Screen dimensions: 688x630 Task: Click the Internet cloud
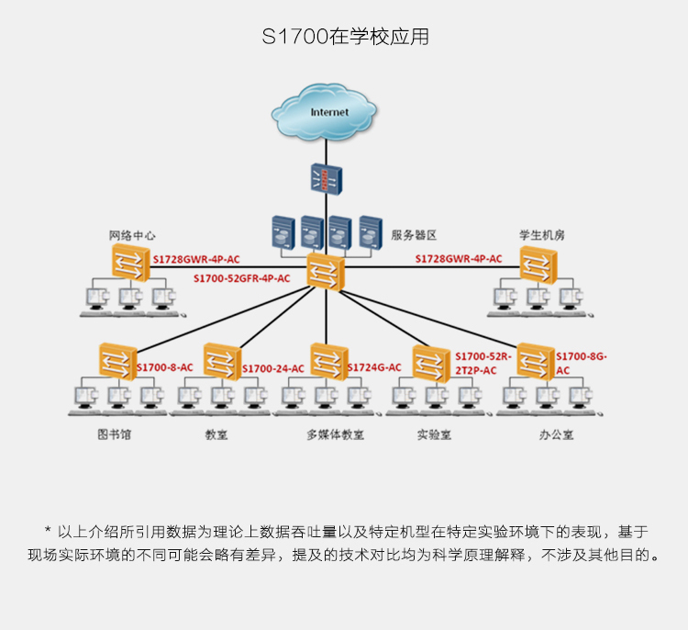(x=324, y=112)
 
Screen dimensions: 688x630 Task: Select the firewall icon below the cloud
(x=327, y=179)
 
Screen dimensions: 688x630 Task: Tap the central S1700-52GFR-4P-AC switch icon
(x=326, y=272)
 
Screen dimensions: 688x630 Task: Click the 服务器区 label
(x=414, y=235)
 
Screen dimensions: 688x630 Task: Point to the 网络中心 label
(x=132, y=236)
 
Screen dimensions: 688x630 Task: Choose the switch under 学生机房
(x=538, y=264)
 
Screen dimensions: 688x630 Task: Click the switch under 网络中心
(x=131, y=263)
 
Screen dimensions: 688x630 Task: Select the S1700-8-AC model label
(x=165, y=367)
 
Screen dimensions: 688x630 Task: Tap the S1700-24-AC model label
(x=273, y=368)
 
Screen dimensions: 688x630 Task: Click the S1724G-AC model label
(x=374, y=367)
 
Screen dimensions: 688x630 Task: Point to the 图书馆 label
(x=114, y=434)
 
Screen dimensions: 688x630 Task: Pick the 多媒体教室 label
(x=335, y=435)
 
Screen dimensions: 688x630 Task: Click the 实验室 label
(x=434, y=435)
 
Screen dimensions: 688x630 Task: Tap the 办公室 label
(x=557, y=435)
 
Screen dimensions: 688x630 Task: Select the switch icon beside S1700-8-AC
(x=118, y=362)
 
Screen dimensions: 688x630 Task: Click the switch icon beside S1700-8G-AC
(x=536, y=362)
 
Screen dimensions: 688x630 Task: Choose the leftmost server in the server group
(x=283, y=232)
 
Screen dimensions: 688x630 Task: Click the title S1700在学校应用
(x=345, y=37)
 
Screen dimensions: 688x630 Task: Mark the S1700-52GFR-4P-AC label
(x=242, y=278)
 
